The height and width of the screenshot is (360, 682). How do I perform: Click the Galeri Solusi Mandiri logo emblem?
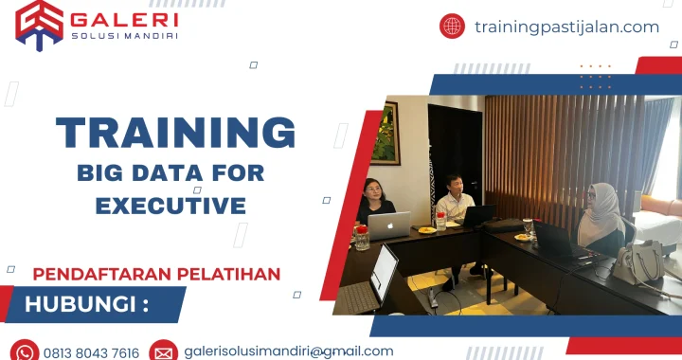point(39,24)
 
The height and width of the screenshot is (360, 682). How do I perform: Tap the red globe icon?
point(452,27)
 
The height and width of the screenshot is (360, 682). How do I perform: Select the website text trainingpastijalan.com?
point(566,27)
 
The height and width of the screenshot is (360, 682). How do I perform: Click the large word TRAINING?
point(175,133)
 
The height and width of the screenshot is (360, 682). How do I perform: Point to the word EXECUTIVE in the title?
point(170,205)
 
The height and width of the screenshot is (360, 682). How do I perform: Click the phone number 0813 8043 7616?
point(92,352)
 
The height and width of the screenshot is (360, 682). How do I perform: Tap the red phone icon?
point(24,351)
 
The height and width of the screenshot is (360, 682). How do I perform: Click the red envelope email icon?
point(163,351)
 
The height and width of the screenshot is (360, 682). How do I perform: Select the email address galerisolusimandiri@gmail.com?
point(289,351)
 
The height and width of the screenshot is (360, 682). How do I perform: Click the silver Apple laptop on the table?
point(389,225)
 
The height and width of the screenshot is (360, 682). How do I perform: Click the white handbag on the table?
point(637,261)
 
